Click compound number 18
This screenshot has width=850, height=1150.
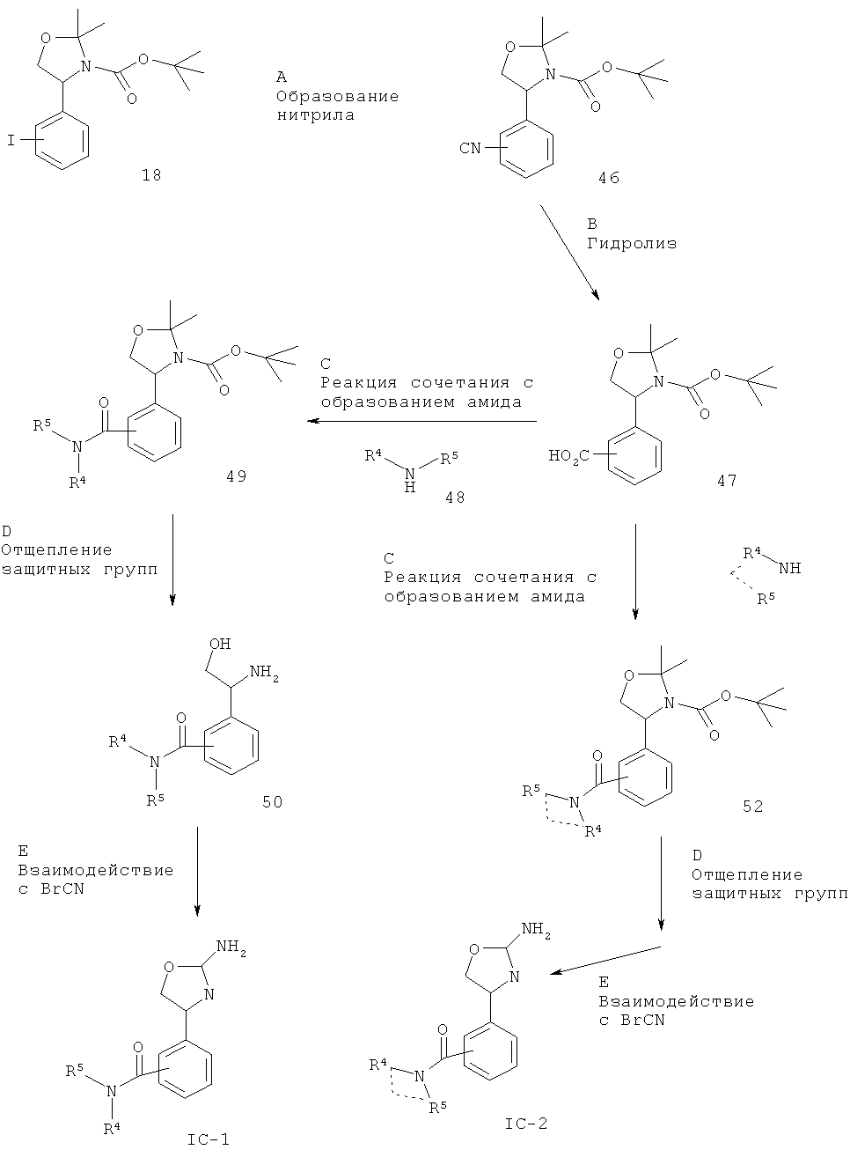[x=151, y=175]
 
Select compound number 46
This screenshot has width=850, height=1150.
[x=609, y=178]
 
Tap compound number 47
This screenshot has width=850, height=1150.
[x=727, y=481]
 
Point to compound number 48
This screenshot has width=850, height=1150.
[x=455, y=498]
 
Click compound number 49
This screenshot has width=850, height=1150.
[x=237, y=476]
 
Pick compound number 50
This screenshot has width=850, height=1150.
[x=272, y=802]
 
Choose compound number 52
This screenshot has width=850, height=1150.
[x=752, y=807]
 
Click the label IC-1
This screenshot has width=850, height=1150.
[x=209, y=1139]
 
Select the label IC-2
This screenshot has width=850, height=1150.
[x=526, y=1124]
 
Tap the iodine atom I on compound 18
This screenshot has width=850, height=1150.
[x=11, y=140]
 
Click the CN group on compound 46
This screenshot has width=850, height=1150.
[x=470, y=148]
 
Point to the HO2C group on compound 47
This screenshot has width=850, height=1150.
[x=568, y=457]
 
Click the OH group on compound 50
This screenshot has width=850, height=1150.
[x=220, y=644]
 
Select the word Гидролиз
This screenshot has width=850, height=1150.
[x=632, y=243]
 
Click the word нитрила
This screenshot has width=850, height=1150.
[x=316, y=114]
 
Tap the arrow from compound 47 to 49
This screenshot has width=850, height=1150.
[x=421, y=421]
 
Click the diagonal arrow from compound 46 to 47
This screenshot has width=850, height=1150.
[x=570, y=253]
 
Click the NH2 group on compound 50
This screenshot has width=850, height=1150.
[x=264, y=672]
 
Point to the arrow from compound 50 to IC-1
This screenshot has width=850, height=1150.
[x=197, y=872]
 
